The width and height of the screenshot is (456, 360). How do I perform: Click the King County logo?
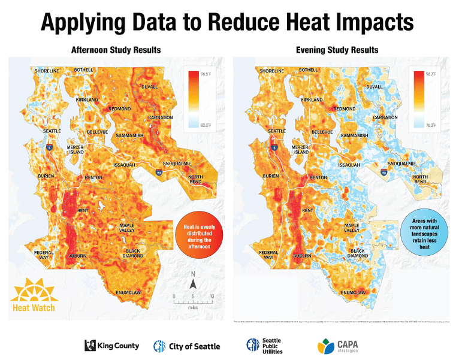point(112,345)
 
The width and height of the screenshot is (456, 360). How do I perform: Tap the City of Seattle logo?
point(187,346)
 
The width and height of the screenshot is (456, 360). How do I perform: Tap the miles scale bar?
point(193,300)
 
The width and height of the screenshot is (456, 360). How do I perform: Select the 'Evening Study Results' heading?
point(337,49)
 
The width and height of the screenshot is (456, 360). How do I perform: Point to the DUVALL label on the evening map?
point(375,87)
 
